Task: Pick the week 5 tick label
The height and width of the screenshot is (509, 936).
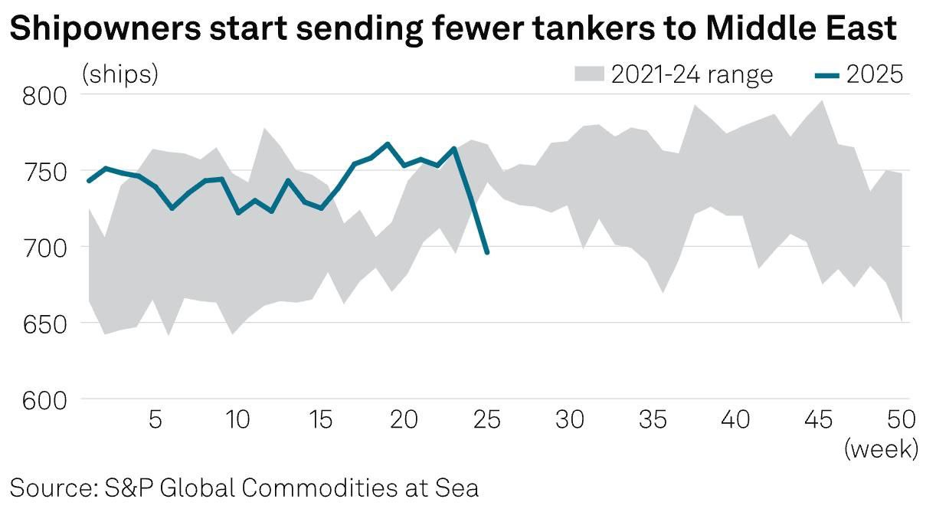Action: click(155, 421)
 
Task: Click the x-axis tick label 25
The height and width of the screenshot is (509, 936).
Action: click(487, 421)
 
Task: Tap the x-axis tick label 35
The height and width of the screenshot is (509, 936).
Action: click(653, 421)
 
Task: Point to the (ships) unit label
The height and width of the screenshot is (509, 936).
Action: click(120, 74)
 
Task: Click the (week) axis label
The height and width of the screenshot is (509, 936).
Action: click(881, 448)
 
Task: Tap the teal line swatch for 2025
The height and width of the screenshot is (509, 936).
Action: click(825, 75)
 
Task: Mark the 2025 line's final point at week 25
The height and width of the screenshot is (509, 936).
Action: click(487, 252)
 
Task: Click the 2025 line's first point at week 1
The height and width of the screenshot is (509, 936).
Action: click(89, 181)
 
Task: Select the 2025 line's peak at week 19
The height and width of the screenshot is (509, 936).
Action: click(388, 143)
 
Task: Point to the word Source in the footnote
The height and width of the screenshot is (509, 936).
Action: click(52, 488)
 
